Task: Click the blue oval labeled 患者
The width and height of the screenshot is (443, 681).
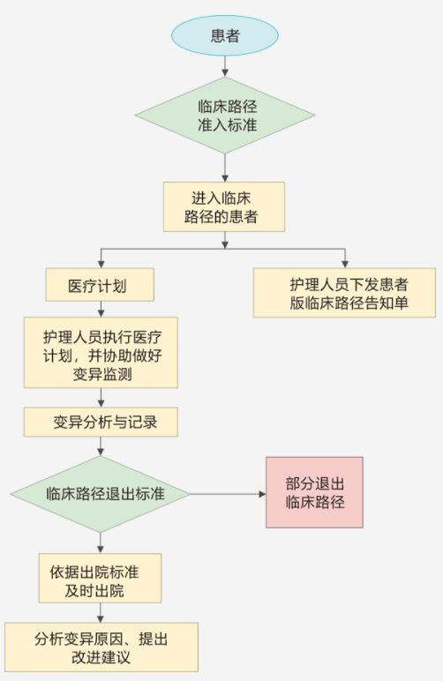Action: pyautogui.click(x=224, y=35)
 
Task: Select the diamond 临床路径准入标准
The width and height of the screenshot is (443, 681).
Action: pyautogui.click(x=224, y=116)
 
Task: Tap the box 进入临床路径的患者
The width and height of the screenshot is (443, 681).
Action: pyautogui.click(x=224, y=206)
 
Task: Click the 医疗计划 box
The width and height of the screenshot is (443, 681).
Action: pyautogui.click(x=100, y=284)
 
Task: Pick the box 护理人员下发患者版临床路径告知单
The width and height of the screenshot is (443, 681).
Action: pyautogui.click(x=344, y=293)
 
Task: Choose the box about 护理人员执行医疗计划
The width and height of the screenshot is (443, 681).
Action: pyautogui.click(x=101, y=352)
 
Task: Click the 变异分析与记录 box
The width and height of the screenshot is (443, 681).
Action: pyautogui.click(x=101, y=422)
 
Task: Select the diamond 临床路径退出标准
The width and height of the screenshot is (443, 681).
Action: pyautogui.click(x=101, y=494)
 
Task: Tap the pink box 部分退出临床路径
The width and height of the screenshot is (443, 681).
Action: pyautogui.click(x=314, y=492)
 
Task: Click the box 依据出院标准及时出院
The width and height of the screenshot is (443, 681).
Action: pyautogui.click(x=101, y=578)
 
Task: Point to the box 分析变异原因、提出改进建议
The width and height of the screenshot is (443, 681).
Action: pyautogui.click(x=101, y=647)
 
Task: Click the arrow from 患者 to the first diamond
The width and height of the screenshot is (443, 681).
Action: pyautogui.click(x=224, y=66)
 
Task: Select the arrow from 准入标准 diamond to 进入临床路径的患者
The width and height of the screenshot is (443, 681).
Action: pyautogui.click(x=224, y=168)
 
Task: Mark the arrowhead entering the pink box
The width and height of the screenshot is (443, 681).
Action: pyautogui.click(x=262, y=494)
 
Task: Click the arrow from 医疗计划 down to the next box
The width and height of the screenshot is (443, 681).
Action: pyautogui.click(x=101, y=309)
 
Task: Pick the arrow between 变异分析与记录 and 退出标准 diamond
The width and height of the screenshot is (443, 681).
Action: pyautogui.click(x=101, y=446)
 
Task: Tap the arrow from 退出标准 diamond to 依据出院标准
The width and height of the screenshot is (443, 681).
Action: pyautogui.click(x=101, y=543)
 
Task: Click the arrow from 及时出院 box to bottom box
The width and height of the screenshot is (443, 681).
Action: pyautogui.click(x=101, y=612)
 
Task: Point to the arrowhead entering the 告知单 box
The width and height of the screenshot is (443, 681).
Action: pyautogui.click(x=345, y=264)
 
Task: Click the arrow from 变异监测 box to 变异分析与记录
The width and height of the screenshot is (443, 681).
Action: pyautogui.click(x=101, y=397)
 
